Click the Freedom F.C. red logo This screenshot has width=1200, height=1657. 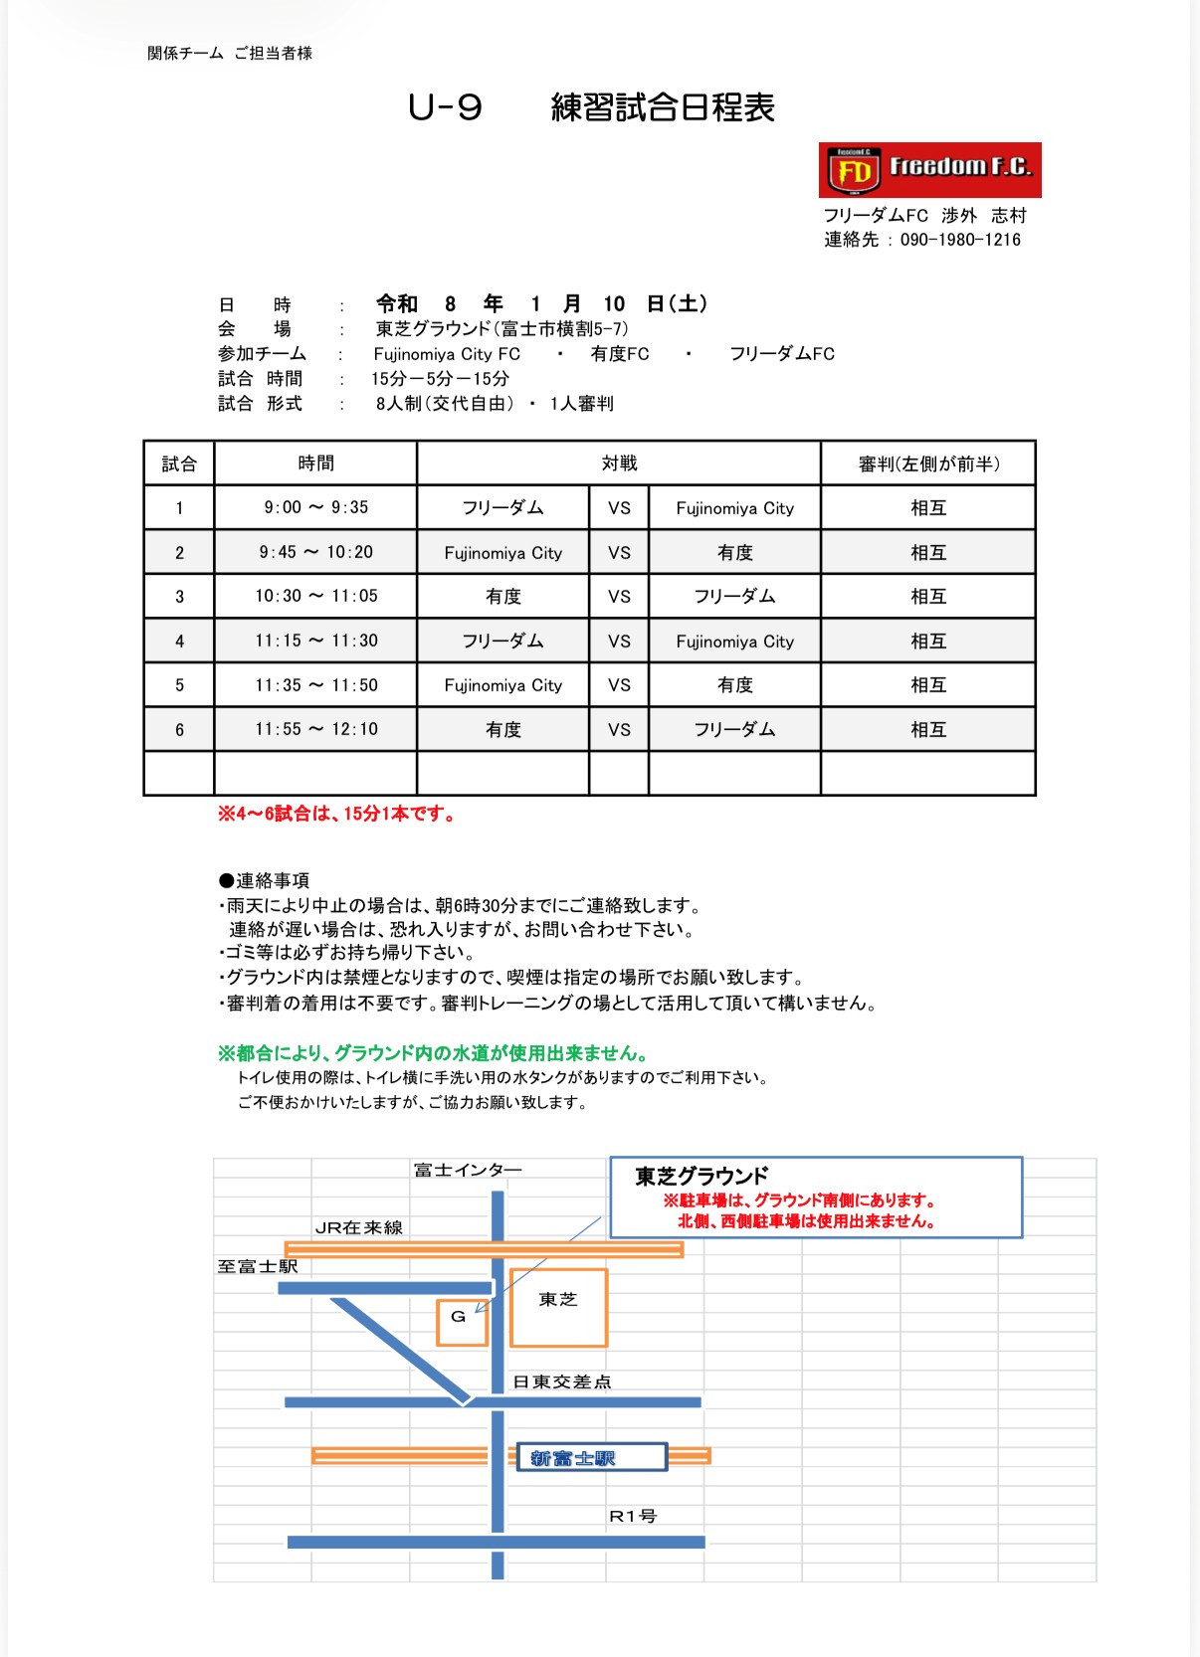tap(929, 170)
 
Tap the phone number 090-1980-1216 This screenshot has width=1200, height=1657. tap(960, 240)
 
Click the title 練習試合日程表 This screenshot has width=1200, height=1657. tap(663, 107)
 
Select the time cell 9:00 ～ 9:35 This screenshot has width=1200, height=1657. tap(315, 507)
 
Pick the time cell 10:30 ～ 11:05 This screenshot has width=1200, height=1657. tap(315, 596)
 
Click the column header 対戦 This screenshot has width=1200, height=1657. tap(619, 463)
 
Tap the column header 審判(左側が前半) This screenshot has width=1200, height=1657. tap(928, 463)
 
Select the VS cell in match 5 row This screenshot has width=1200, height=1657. tap(619, 685)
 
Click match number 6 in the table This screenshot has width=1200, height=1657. tap(179, 730)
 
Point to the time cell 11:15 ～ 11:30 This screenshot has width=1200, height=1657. tap(315, 641)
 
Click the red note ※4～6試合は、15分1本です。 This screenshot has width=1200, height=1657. tap(337, 815)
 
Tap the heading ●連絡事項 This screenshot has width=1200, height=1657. tap(264, 880)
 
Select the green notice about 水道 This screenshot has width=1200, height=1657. tap(434, 1053)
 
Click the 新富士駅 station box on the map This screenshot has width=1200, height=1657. tap(591, 1458)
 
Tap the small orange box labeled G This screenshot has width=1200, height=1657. tap(461, 1322)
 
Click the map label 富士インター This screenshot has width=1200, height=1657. tap(468, 1171)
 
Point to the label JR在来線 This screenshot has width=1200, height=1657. tap(358, 1228)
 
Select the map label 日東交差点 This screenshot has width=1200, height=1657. tap(561, 1381)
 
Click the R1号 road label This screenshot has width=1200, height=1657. tap(633, 1517)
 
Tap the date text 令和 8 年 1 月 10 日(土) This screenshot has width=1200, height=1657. tap(541, 303)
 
